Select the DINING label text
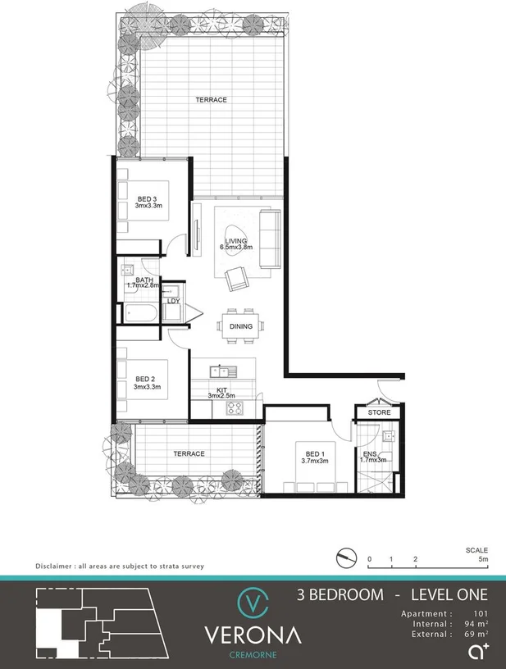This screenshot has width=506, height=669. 241,327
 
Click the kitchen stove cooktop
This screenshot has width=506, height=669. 237,407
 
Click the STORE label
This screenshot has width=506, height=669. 379,412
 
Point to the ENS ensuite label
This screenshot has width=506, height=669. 369,456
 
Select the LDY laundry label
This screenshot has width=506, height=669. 173,301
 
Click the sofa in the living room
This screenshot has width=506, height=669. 268,239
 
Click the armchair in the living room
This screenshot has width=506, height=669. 237,280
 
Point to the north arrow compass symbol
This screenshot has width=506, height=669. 347,558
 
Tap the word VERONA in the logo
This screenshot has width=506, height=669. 253,635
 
